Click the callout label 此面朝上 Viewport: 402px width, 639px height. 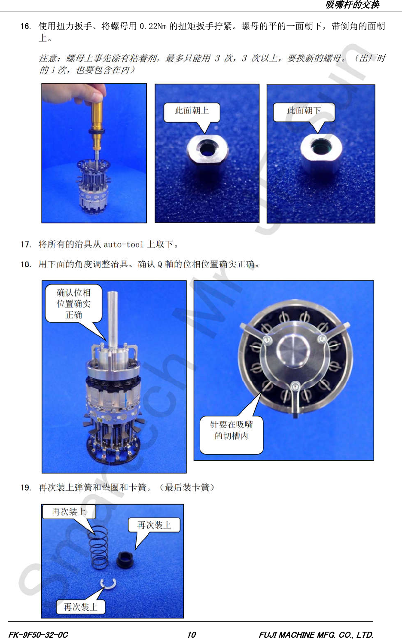coord(192,111)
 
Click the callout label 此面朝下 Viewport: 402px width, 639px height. coord(304,110)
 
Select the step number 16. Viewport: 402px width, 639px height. coord(26,27)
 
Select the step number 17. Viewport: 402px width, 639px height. coord(26,245)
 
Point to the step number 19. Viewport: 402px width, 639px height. coord(26,488)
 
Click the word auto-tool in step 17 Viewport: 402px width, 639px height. coord(123,245)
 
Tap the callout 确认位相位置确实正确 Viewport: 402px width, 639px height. coord(73,303)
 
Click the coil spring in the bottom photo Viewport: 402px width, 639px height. coord(99,547)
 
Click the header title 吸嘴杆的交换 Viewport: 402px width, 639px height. coord(352,5)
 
